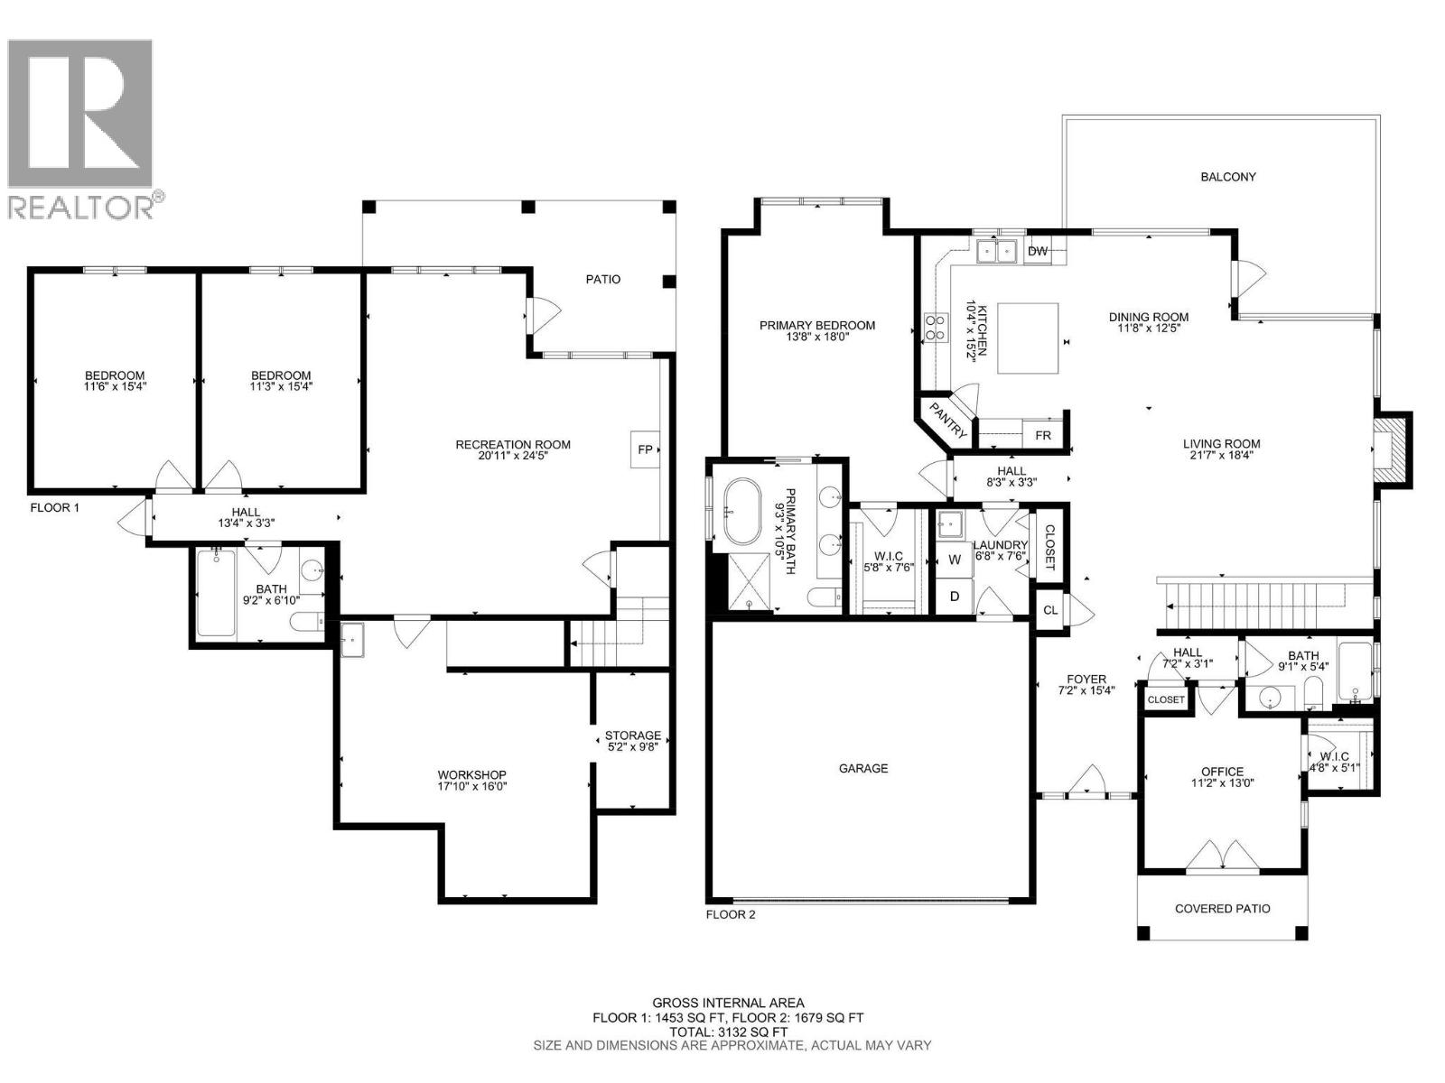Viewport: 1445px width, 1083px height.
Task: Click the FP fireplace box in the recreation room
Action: click(645, 449)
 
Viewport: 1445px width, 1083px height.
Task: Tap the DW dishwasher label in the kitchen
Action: click(1038, 251)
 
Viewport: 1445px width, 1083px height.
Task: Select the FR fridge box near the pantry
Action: click(1043, 435)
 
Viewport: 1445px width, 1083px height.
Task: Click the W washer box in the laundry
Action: click(954, 560)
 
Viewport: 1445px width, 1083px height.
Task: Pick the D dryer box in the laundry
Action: click(954, 597)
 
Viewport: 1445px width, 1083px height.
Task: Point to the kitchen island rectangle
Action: click(1028, 338)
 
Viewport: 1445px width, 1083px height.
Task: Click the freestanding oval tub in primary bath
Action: click(741, 511)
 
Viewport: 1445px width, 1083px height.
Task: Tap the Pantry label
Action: click(948, 421)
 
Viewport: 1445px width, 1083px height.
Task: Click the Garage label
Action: click(863, 768)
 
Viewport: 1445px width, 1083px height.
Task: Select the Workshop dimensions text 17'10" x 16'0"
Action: click(471, 786)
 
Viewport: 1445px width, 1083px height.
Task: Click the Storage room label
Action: click(632, 735)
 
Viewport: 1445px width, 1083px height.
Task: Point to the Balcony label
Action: click(1227, 177)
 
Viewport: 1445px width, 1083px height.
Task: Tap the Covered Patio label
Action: click(1222, 908)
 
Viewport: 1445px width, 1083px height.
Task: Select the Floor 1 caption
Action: click(55, 507)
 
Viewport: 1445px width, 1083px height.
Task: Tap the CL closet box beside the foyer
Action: click(1049, 610)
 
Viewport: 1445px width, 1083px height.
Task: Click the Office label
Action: click(1222, 771)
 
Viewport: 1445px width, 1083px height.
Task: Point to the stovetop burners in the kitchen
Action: click(934, 327)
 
